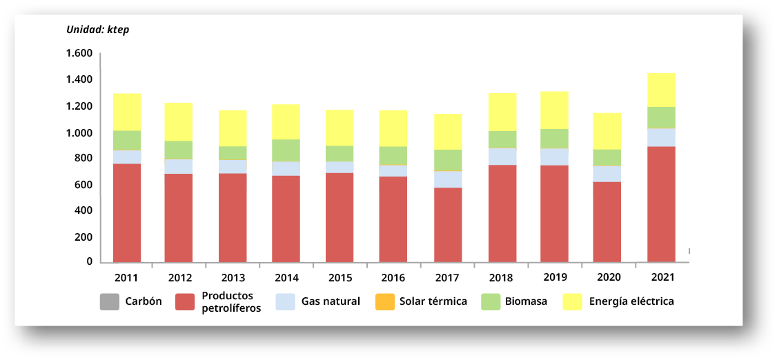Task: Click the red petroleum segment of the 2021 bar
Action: [661, 204]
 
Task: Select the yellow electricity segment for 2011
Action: [127, 112]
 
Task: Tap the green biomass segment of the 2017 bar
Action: [448, 160]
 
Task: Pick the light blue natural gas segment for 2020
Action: [608, 174]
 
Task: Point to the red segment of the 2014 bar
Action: [286, 219]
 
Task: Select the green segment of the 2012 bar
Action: [179, 150]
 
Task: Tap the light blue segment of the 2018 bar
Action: [502, 157]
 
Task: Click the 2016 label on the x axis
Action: [393, 278]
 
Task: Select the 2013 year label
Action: [233, 278]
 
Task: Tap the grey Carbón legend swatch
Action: [110, 301]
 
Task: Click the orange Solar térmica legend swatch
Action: [384, 301]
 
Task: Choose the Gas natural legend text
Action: [331, 301]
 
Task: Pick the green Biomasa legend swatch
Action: [490, 301]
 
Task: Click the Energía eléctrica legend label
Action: [631, 301]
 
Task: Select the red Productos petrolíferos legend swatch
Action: [186, 301]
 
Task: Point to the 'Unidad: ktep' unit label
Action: [97, 30]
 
